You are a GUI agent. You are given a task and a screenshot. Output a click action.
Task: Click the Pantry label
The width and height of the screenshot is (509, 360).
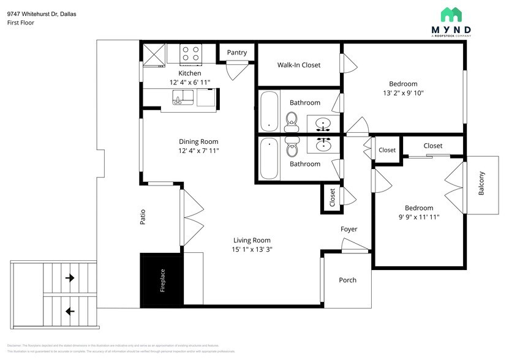point(237,53)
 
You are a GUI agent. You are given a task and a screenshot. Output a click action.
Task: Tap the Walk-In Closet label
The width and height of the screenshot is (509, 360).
point(298,65)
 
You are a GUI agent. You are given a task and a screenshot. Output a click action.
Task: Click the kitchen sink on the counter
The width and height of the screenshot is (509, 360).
point(183,97)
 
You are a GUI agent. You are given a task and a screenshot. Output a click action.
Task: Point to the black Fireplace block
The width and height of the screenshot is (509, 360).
point(162,280)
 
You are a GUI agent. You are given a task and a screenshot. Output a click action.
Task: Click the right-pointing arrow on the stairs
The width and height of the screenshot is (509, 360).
point(70,278)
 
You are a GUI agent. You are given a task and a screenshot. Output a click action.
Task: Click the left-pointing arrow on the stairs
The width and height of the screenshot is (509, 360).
point(70,311)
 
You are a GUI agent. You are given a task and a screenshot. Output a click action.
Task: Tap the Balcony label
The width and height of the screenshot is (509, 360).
point(481,184)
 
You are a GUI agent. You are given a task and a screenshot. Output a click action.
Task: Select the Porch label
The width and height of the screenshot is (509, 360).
point(347,280)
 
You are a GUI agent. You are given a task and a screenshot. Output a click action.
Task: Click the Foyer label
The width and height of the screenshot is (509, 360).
point(349,229)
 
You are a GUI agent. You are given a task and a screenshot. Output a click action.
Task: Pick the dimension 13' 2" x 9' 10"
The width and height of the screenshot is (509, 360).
point(403,94)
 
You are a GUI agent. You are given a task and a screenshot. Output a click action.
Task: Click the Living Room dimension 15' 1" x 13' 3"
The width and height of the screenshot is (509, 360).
point(252,249)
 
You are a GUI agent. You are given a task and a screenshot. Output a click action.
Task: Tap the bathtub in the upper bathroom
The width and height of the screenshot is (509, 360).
point(269,111)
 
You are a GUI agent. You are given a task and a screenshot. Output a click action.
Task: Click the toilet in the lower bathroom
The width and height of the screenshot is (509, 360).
point(292,148)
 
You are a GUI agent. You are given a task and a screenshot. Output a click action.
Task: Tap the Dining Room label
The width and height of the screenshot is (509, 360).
point(198,141)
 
